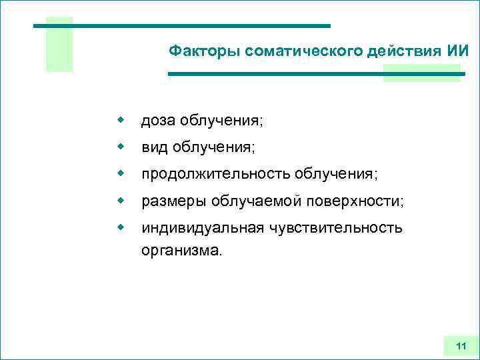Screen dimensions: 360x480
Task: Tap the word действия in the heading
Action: [401, 51]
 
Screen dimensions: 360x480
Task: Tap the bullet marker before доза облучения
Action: [121, 120]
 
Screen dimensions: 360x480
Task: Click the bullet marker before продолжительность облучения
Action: [121, 173]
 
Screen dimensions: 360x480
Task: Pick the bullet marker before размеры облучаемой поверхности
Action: [121, 200]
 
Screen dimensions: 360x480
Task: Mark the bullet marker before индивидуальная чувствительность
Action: [121, 227]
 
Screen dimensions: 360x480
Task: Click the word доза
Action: [156, 121]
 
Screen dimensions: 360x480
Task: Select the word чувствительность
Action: [336, 228]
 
